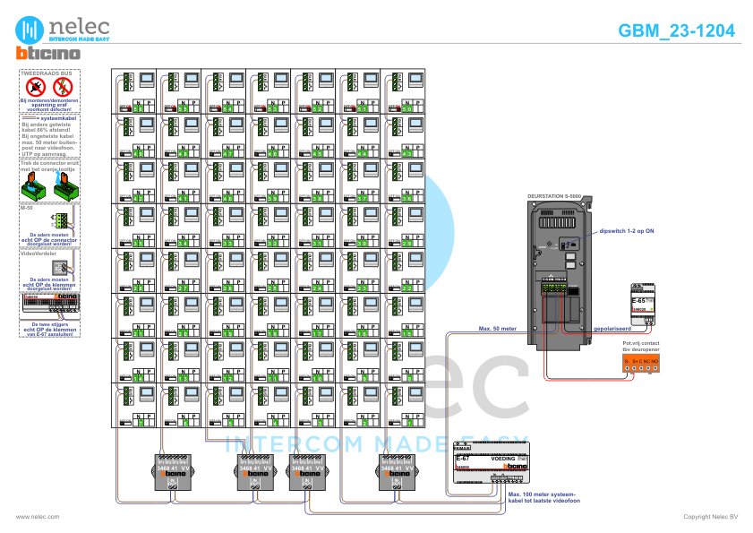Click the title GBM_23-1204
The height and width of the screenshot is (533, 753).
tap(676, 30)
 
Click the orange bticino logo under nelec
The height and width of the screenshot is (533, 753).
tap(48, 54)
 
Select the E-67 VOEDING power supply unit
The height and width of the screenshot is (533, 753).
tap(487, 464)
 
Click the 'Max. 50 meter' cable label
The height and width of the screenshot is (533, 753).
tap(497, 328)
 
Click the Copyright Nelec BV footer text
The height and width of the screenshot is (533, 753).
tap(710, 517)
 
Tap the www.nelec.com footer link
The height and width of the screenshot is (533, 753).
tap(38, 517)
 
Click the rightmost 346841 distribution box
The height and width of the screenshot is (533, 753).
tap(396, 471)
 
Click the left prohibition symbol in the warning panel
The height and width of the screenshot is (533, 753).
tap(36, 87)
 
